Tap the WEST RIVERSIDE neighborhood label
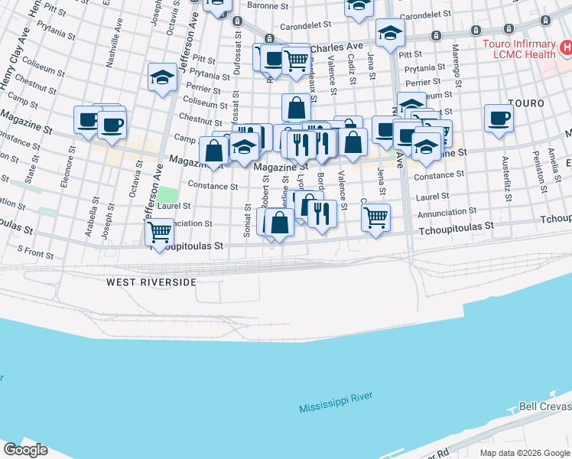click(x=151, y=282)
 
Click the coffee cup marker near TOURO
click(x=499, y=119)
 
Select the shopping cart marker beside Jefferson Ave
click(x=160, y=231)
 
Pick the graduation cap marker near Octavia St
click(x=162, y=76)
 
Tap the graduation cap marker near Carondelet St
click(x=390, y=33)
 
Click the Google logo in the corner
click(x=25, y=450)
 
